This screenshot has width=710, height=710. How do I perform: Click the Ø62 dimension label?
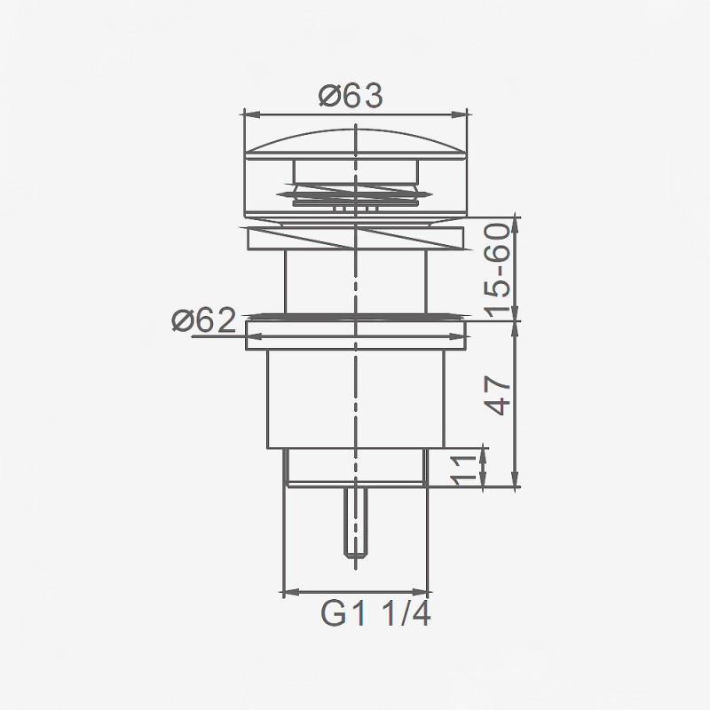tap(203, 320)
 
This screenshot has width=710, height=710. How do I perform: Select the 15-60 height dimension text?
tap(499, 271)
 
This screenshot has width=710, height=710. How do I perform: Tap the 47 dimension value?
tap(499, 395)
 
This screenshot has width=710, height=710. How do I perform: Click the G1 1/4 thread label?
tap(375, 613)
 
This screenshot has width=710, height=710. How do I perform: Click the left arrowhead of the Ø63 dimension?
tap(249, 114)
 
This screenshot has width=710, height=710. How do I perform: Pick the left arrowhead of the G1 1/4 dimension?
tap(287, 592)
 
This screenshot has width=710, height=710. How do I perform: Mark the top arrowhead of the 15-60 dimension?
tap(516, 222)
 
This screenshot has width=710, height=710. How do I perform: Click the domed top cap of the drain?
tap(355, 142)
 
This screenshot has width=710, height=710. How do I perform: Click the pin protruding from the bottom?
tap(355, 524)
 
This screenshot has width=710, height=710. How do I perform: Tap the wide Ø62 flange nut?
tap(355, 336)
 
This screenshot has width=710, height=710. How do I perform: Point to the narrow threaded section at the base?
tap(355, 466)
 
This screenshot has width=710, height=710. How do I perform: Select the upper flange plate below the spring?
tap(355, 237)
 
